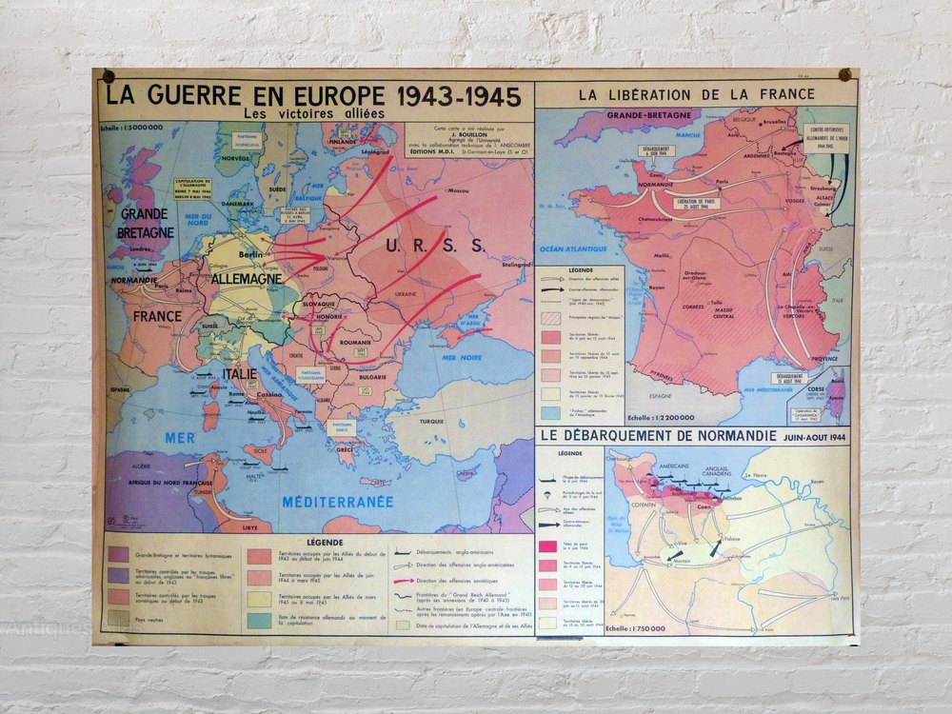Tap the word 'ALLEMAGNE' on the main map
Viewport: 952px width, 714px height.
point(247,279)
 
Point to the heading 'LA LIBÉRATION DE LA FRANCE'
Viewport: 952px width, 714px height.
point(697,94)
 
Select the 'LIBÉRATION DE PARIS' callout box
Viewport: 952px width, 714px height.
point(696,204)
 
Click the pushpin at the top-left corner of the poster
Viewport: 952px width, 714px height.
point(108,76)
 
